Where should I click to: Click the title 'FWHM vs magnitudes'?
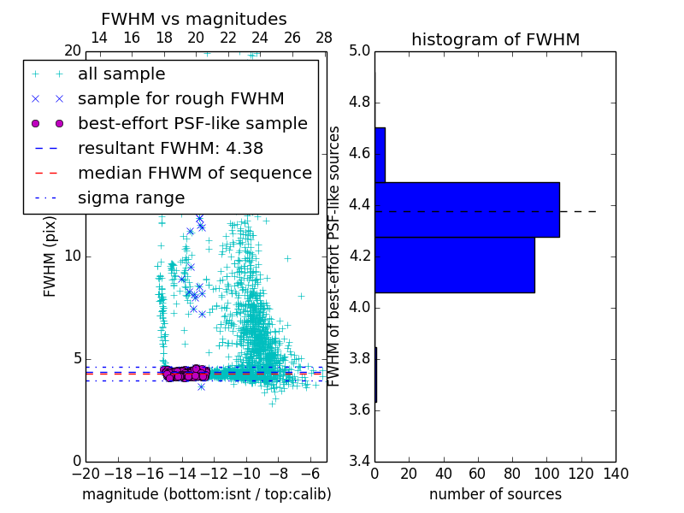pos(194,19)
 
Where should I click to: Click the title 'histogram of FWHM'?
pos(495,39)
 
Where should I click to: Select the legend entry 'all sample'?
pos(121,74)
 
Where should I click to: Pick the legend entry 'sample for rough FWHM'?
pos(180,98)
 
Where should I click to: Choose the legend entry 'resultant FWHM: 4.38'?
pos(168,148)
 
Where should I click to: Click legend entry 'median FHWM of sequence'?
pos(194,173)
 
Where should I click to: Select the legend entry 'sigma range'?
pos(131,198)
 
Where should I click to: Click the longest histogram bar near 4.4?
pos(467,209)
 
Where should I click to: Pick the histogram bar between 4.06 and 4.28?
pos(454,265)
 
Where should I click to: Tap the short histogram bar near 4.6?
pos(380,155)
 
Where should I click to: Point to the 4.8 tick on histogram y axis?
pos(359,103)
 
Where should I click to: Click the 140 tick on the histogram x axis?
pos(616,473)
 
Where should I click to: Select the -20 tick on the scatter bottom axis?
pos(85,473)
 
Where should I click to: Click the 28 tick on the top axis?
pos(324,38)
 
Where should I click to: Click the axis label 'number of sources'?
pos(495,494)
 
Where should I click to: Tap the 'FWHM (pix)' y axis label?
pos(50,256)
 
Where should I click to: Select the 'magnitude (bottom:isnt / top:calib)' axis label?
pos(206,494)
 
